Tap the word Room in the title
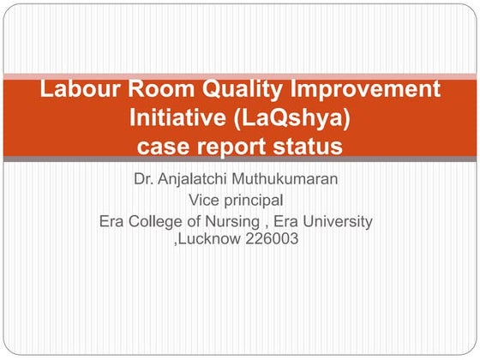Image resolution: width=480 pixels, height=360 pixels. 165,89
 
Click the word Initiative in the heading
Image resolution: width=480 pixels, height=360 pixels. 171,117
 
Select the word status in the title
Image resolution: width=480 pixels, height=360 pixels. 309,147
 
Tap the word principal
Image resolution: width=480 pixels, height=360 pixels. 255,201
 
